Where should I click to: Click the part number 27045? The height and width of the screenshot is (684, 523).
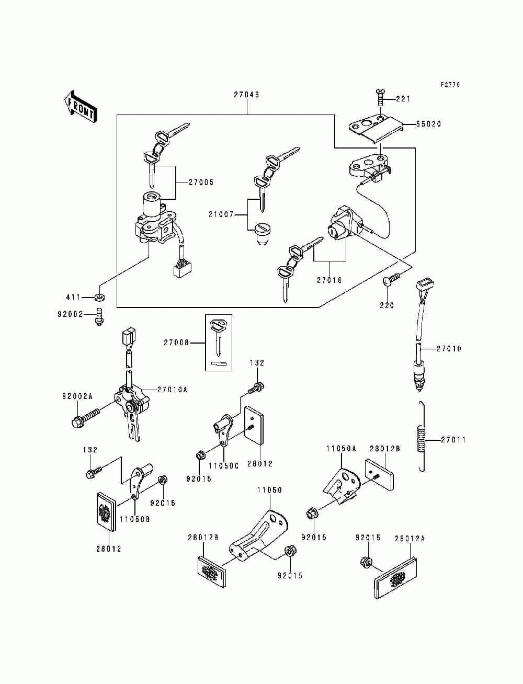pos(247,95)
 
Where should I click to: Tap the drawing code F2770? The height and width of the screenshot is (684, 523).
pos(450,84)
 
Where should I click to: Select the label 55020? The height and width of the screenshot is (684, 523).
pos(428,124)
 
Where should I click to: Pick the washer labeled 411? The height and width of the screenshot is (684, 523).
pos(100,298)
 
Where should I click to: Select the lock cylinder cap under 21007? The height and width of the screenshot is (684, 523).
pos(262,234)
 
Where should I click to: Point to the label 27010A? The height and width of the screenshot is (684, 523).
pos(172,390)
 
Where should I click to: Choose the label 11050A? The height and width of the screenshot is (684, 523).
pos(341,448)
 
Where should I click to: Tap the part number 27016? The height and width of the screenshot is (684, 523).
pos(329,280)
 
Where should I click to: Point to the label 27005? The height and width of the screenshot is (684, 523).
pos(201,183)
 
